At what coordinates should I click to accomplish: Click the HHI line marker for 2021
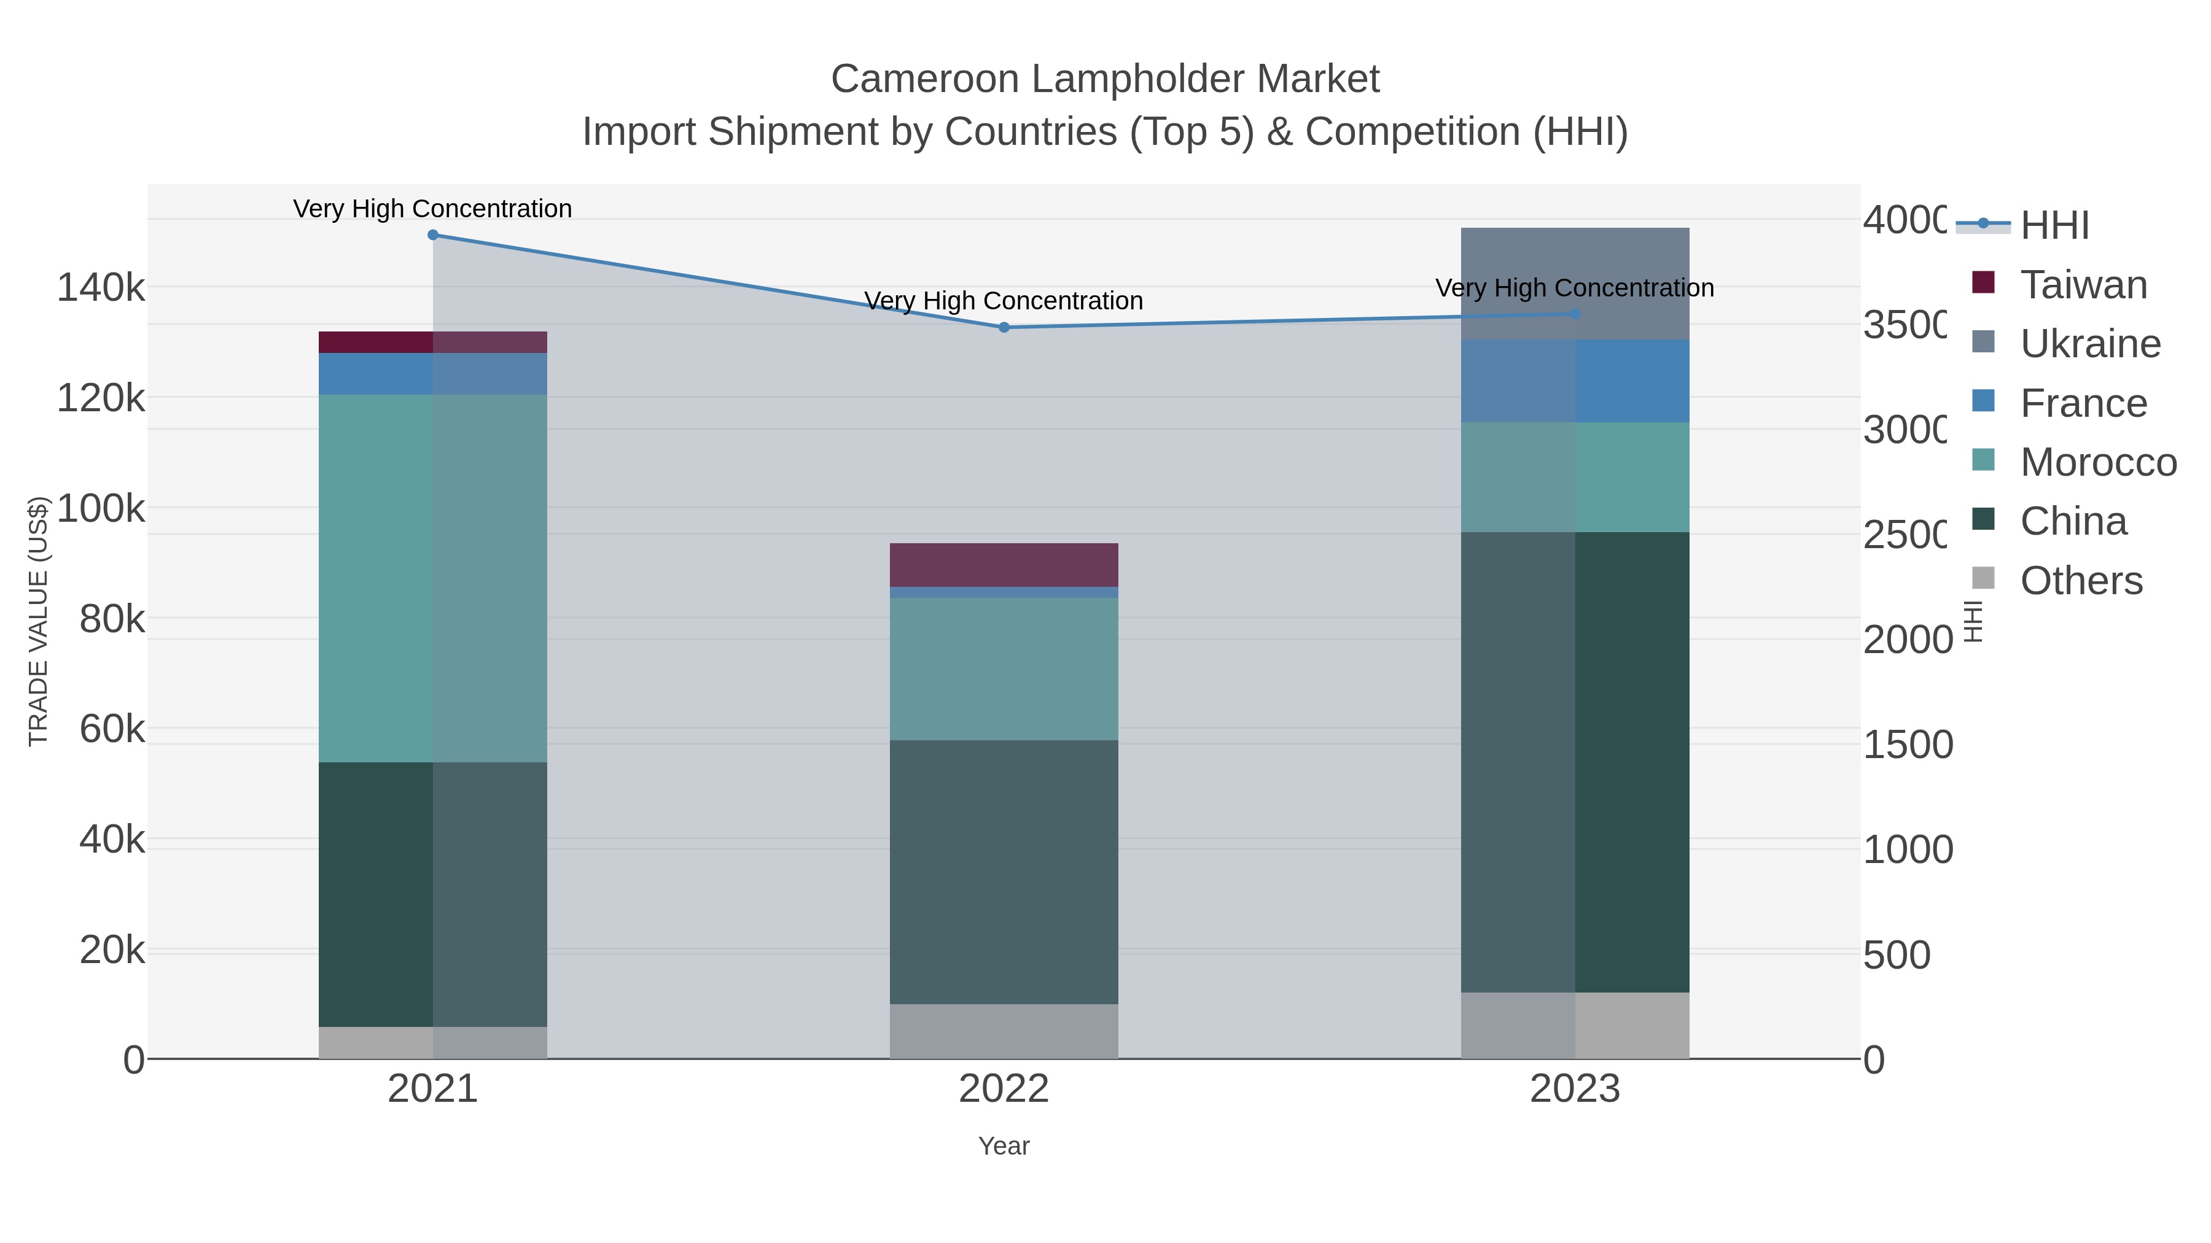tap(432, 235)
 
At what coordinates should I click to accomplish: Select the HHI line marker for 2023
tap(1574, 314)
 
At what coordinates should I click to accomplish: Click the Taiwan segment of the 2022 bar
tap(1004, 565)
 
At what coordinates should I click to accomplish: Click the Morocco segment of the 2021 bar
tap(432, 578)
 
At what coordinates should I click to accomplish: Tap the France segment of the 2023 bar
tap(1574, 380)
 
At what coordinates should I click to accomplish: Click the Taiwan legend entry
tap(2083, 284)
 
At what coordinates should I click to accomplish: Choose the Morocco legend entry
tap(2098, 462)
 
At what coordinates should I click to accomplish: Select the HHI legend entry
tap(2054, 225)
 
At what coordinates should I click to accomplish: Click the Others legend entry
tap(2081, 580)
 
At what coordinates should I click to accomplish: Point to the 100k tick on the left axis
tap(101, 508)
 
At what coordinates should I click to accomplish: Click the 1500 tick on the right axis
tap(1907, 744)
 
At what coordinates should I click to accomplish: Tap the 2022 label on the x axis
tap(1004, 1088)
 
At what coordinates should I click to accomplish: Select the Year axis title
tap(1004, 1145)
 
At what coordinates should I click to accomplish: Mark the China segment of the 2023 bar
tap(1574, 761)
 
